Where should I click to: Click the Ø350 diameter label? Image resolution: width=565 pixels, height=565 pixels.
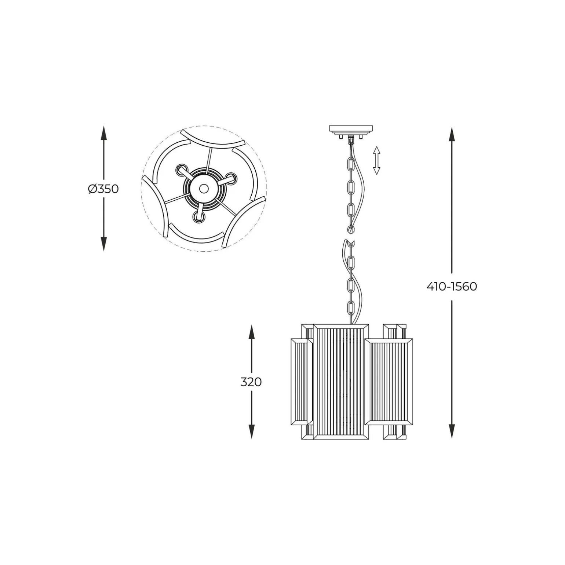(103, 189)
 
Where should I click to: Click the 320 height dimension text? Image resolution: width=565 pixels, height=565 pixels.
(251, 382)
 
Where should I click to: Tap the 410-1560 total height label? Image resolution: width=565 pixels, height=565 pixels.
(452, 286)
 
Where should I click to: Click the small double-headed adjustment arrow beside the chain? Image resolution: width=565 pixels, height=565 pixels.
(377, 160)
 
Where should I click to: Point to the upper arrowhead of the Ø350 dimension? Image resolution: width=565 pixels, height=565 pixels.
(103, 133)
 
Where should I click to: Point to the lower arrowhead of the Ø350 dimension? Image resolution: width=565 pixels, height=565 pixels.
(103, 244)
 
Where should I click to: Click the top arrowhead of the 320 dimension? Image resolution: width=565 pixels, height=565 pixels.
(251, 332)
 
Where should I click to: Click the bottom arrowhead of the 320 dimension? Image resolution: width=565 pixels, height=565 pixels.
(251, 431)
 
